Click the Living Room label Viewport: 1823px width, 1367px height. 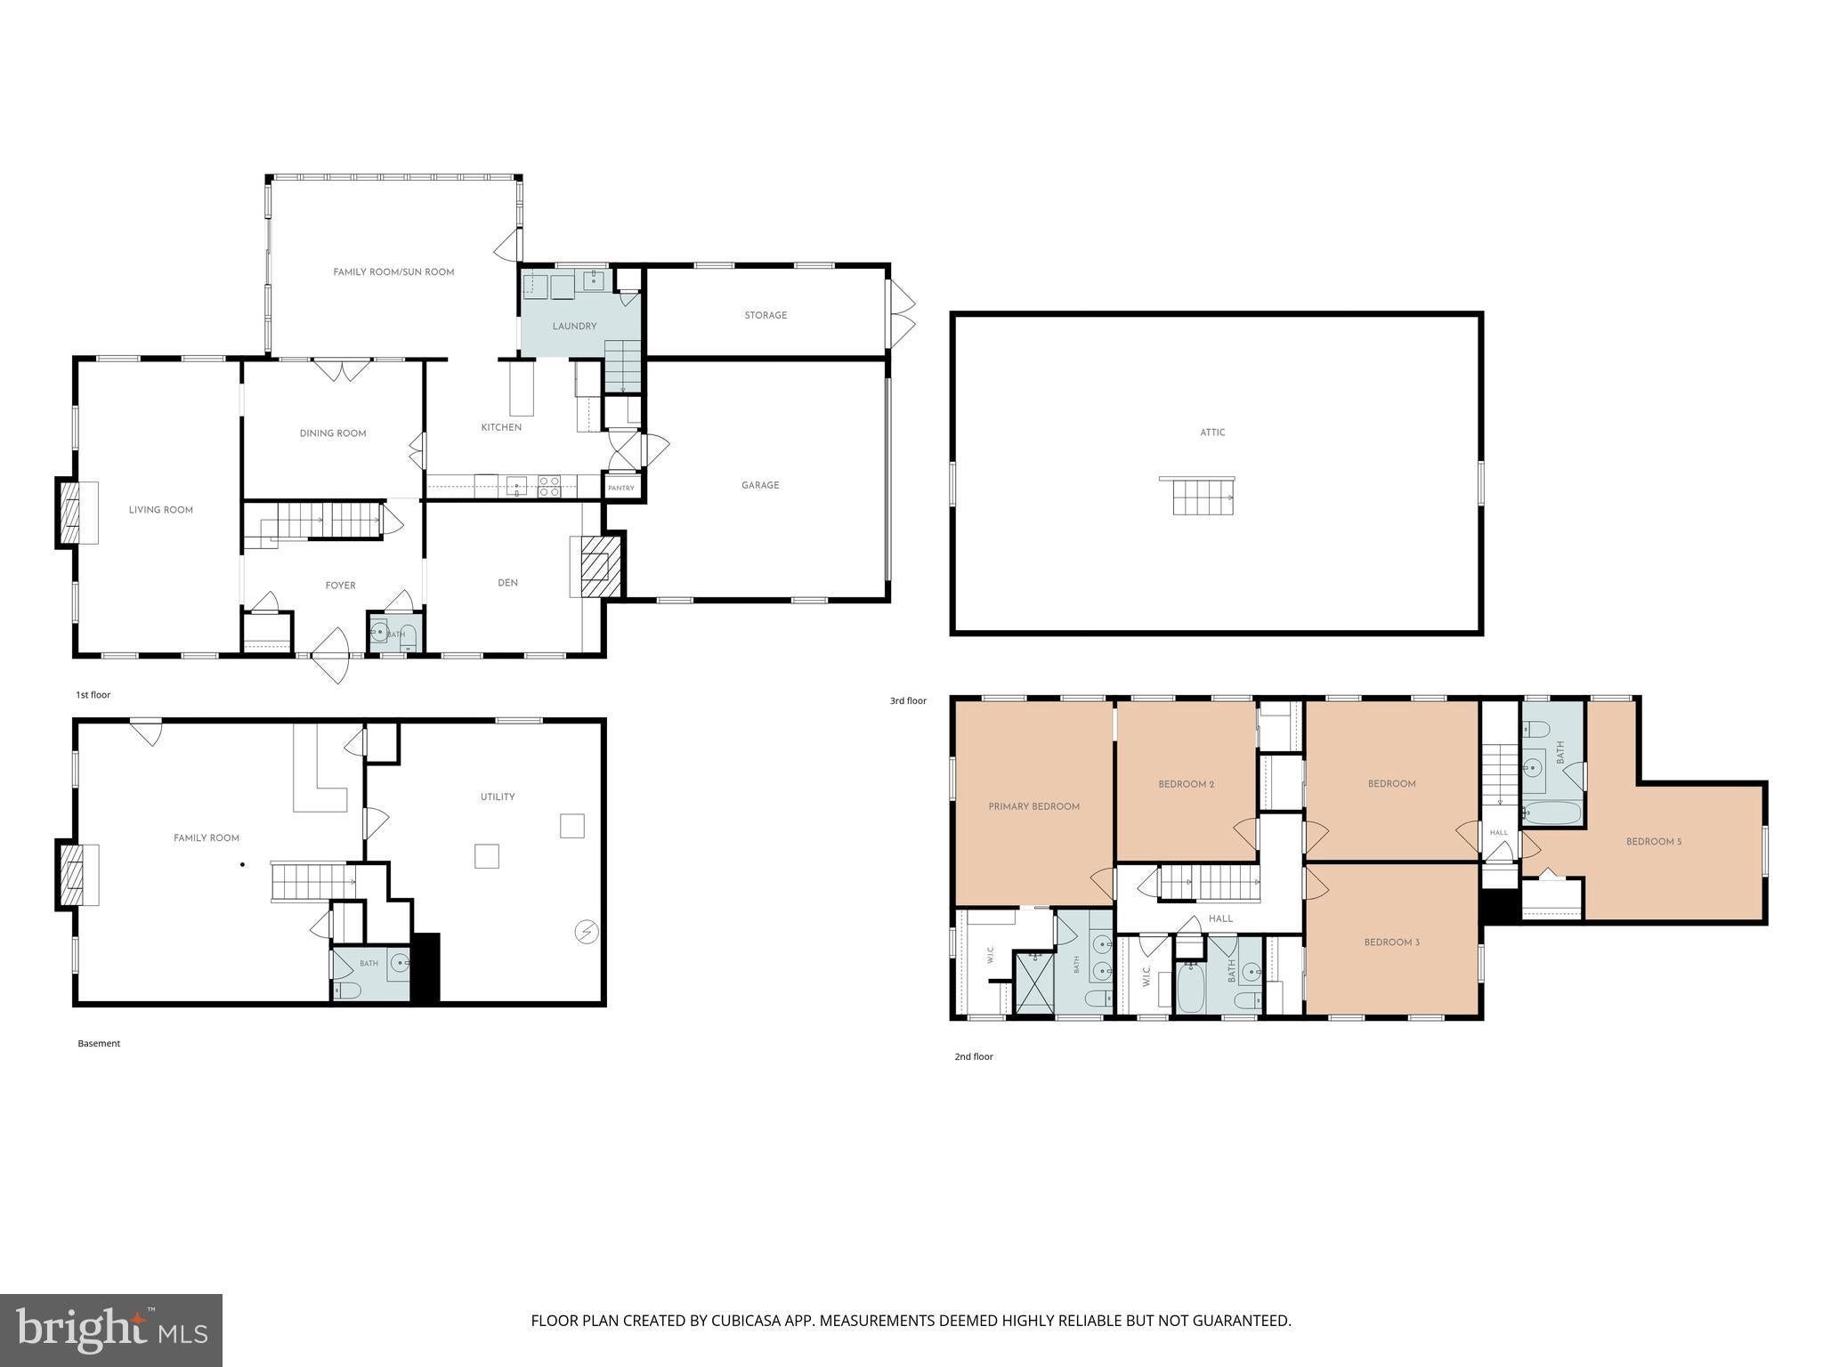click(160, 510)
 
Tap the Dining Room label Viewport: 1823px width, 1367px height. click(333, 433)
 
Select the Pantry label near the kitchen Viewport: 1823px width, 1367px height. click(621, 488)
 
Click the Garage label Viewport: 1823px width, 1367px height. click(760, 485)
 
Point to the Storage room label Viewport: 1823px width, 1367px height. click(766, 315)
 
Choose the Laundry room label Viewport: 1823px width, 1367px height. click(574, 326)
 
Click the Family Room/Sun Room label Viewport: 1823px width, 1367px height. click(393, 272)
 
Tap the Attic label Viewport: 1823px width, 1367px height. click(1212, 433)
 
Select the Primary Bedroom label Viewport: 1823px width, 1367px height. click(1033, 806)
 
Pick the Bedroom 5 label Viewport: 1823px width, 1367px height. click(1654, 841)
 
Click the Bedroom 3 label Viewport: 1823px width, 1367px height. click(1391, 942)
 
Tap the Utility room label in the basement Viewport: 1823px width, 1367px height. click(498, 797)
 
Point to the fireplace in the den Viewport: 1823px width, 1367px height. click(595, 566)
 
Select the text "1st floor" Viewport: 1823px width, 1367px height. click(93, 695)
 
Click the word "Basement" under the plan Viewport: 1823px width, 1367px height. click(99, 1043)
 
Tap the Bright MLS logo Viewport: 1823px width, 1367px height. click(111, 1331)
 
